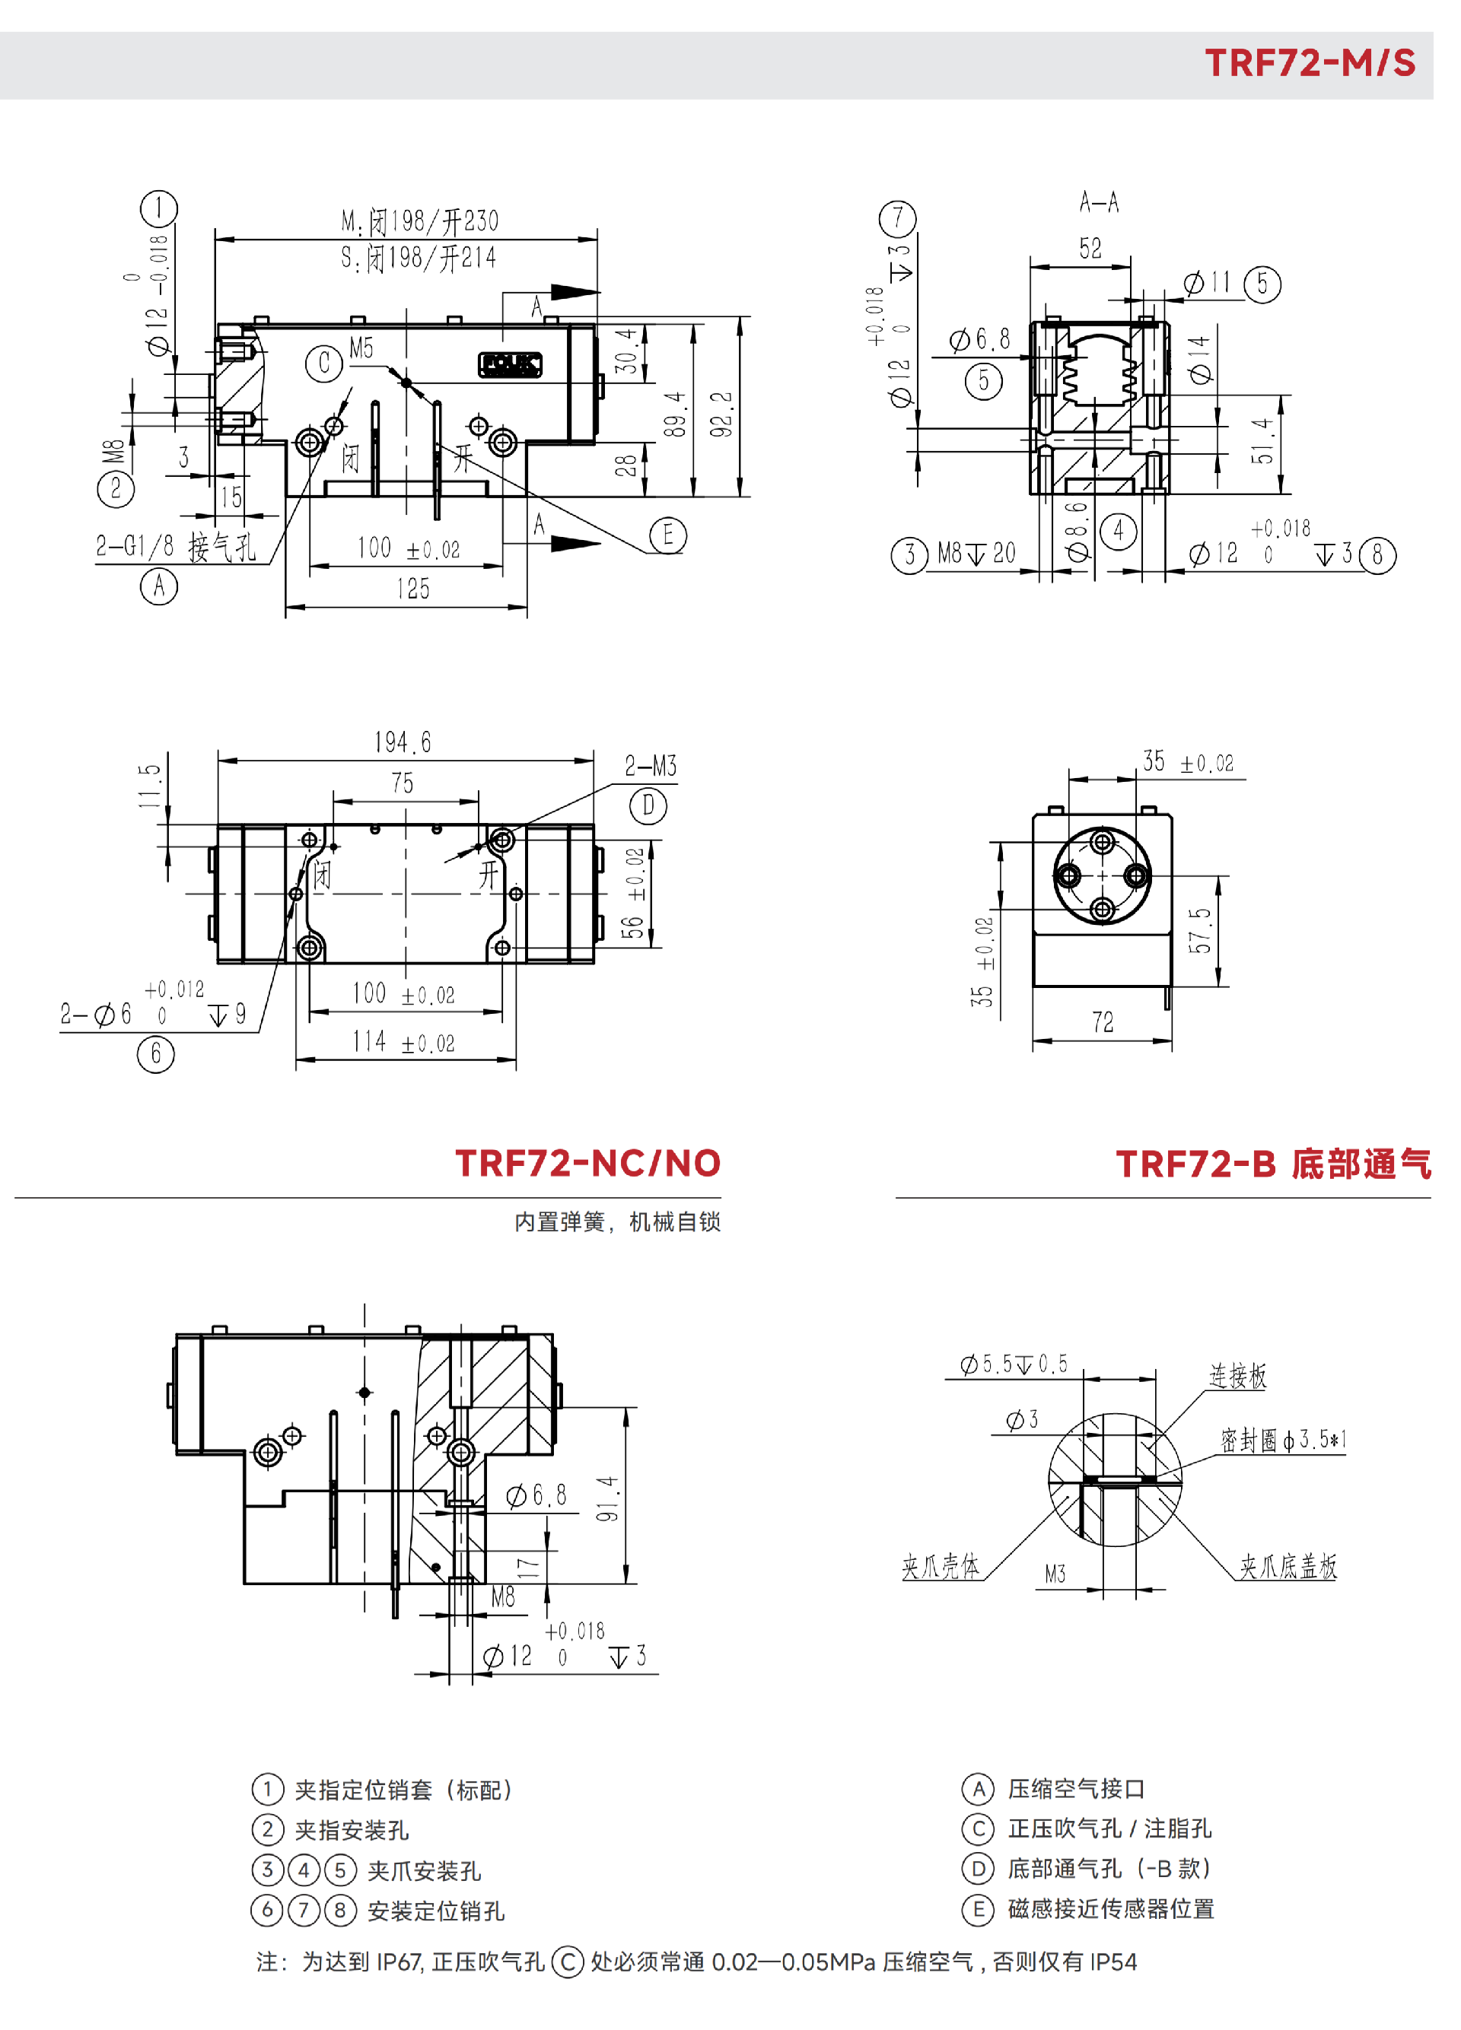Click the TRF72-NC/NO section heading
[587, 1164]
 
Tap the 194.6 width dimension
[403, 742]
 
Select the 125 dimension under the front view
[412, 589]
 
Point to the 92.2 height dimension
[721, 415]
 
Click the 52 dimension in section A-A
[1090, 249]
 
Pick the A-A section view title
[1099, 202]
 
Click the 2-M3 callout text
[650, 766]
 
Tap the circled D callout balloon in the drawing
[648, 806]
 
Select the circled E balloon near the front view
[668, 535]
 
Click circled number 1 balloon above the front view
[159, 208]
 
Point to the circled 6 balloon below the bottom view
[156, 1053]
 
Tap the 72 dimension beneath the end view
[1102, 1022]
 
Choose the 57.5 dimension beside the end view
[1199, 930]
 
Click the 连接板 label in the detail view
[1237, 1376]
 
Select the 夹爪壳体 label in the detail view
[940, 1566]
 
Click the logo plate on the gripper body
[509, 364]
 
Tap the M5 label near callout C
[361, 348]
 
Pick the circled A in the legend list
[978, 1789]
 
